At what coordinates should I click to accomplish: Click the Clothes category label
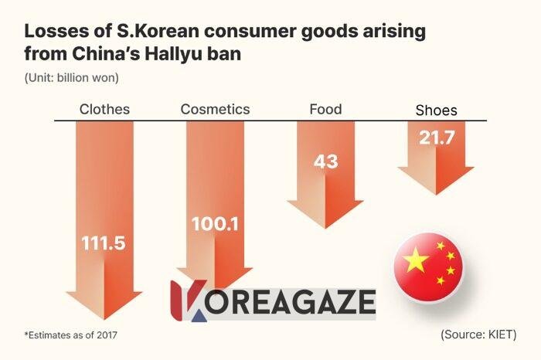(104, 109)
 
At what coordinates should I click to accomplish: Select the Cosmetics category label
(215, 109)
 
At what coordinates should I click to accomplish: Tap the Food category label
(325, 109)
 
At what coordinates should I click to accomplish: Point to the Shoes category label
(437, 110)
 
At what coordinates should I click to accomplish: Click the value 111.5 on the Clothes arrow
(104, 243)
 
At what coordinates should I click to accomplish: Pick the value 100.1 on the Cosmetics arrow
(215, 225)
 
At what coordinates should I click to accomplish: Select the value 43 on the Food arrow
(325, 163)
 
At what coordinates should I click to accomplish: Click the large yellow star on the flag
(417, 260)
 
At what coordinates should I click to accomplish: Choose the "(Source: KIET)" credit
(478, 335)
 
